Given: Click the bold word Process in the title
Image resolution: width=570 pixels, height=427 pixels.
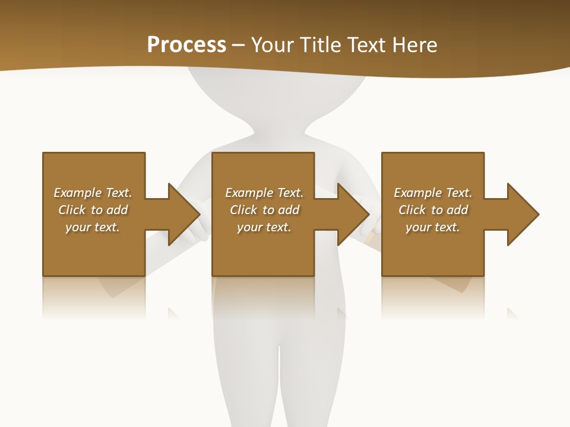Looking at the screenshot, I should click(186, 45).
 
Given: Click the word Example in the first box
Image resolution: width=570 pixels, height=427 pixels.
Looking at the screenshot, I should click(77, 193).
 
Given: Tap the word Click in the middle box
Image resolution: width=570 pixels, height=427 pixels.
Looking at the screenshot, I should click(243, 210).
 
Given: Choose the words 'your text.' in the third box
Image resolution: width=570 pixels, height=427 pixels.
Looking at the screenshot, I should click(432, 227).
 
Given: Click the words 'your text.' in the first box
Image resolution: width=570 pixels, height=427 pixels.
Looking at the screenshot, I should click(93, 227).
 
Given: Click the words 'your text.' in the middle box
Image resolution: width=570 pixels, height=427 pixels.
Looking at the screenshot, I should click(264, 227).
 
